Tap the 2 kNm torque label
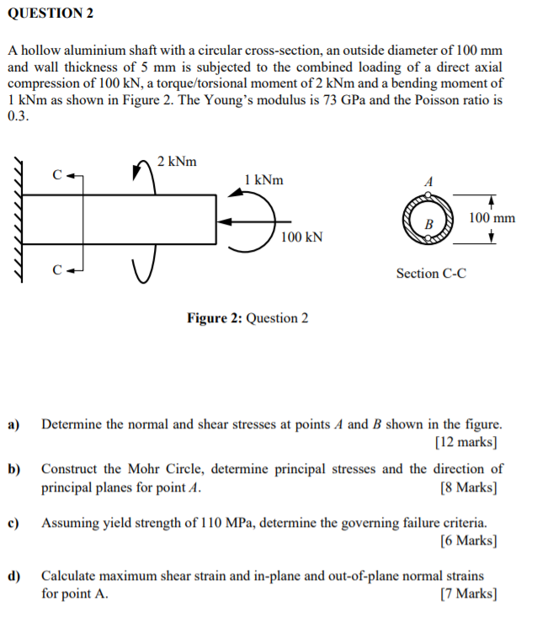[x=177, y=160]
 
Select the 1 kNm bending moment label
[x=263, y=179]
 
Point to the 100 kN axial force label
[x=301, y=237]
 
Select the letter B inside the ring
[x=428, y=225]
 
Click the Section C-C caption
[x=431, y=273]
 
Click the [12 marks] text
[x=466, y=441]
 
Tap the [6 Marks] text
[x=468, y=540]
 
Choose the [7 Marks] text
[x=468, y=593]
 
